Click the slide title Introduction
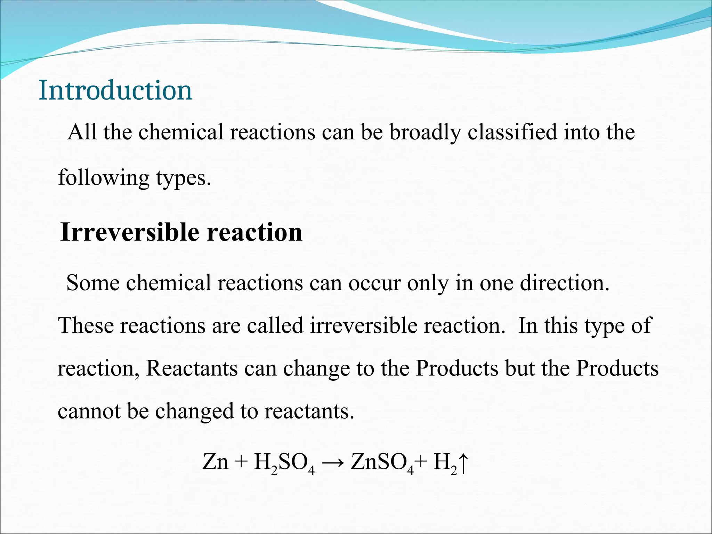tap(115, 90)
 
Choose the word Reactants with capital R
tap(192, 369)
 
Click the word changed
tap(194, 411)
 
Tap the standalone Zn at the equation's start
tap(216, 462)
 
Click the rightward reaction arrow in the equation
tap(333, 463)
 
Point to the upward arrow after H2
tap(464, 463)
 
